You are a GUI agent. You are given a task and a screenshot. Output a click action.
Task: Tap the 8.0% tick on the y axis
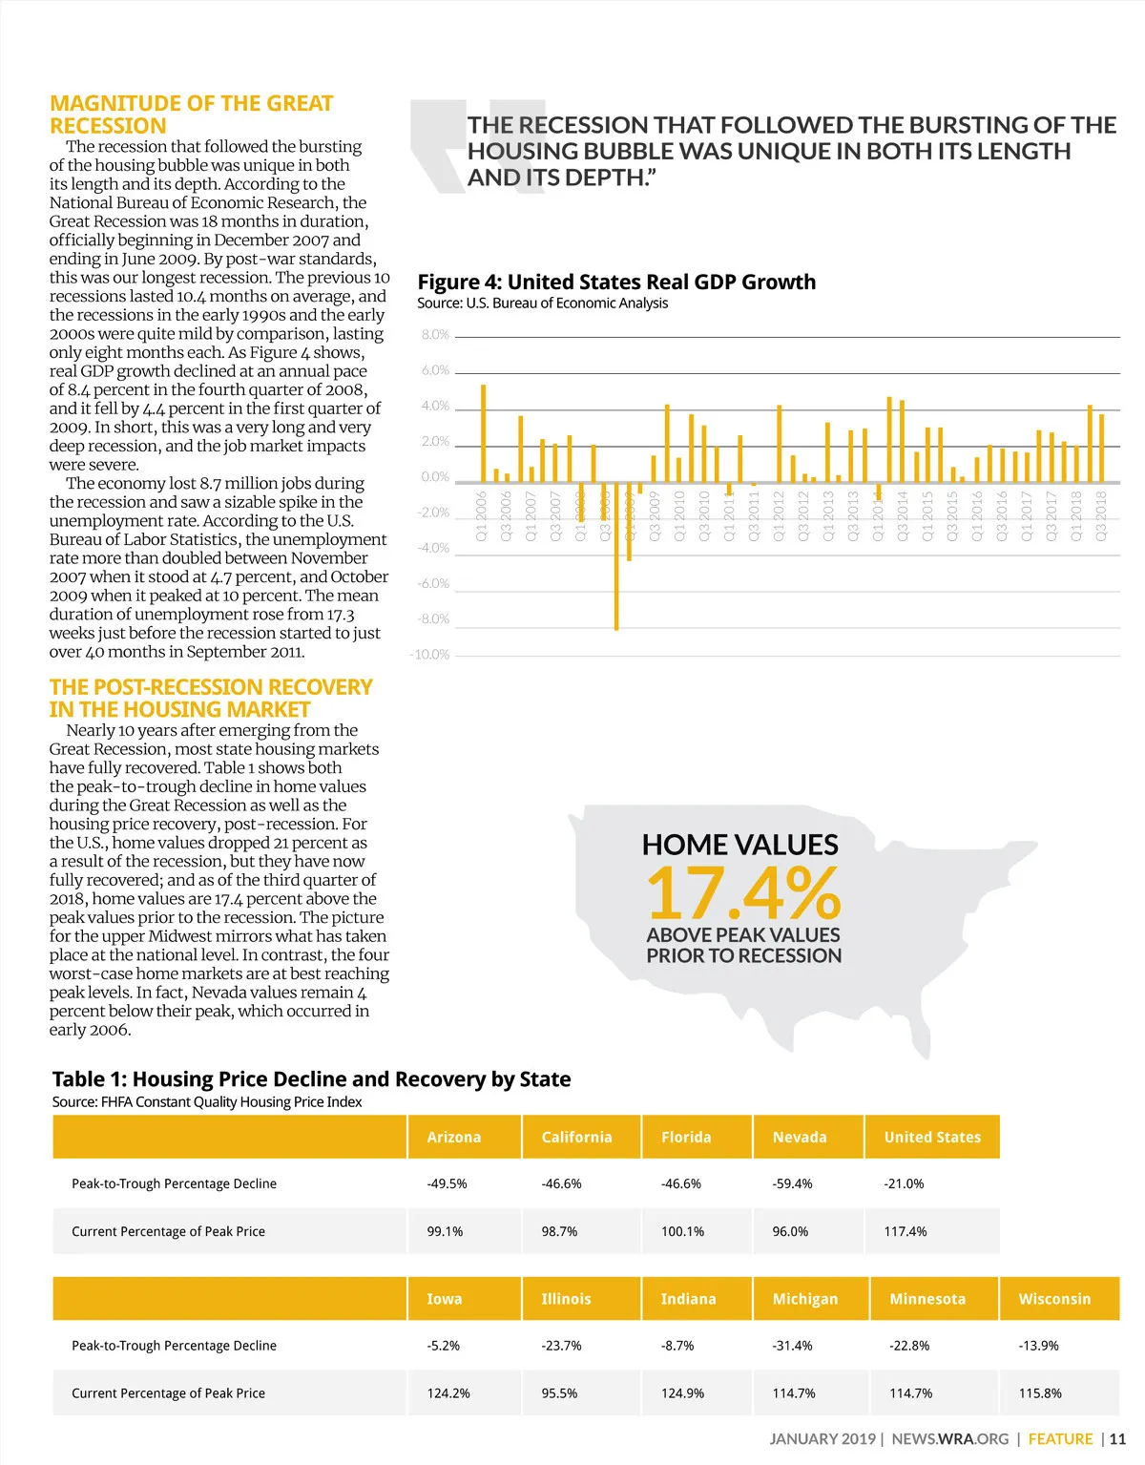tap(435, 335)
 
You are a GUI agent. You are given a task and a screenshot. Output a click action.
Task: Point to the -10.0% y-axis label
tap(429, 655)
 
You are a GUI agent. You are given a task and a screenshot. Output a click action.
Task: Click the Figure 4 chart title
tap(616, 282)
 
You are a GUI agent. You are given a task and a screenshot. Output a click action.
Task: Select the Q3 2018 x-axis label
tap(1101, 515)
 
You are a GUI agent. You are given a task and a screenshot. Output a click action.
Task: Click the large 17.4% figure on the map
tap(743, 893)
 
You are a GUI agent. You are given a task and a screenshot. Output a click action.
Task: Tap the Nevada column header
tap(800, 1137)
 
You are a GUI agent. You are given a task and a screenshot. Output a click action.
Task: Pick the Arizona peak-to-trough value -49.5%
tap(447, 1183)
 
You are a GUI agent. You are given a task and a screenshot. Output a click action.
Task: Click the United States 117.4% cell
tap(906, 1231)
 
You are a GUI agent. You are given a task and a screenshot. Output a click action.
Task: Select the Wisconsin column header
tap(1054, 1299)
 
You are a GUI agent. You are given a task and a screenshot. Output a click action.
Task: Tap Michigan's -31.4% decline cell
tap(793, 1346)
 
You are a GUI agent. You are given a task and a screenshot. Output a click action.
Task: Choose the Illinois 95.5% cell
tap(559, 1393)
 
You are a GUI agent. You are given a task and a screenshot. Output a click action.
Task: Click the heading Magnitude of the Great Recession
tap(191, 115)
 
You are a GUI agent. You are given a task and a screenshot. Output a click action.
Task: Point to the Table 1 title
tap(311, 1079)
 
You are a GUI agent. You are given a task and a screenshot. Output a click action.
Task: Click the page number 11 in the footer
tap(1117, 1439)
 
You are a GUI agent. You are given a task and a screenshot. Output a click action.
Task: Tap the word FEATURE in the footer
tap(1060, 1439)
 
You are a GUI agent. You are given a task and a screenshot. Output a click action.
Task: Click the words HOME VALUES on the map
tap(739, 845)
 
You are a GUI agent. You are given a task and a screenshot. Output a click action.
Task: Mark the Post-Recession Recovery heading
tap(210, 699)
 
